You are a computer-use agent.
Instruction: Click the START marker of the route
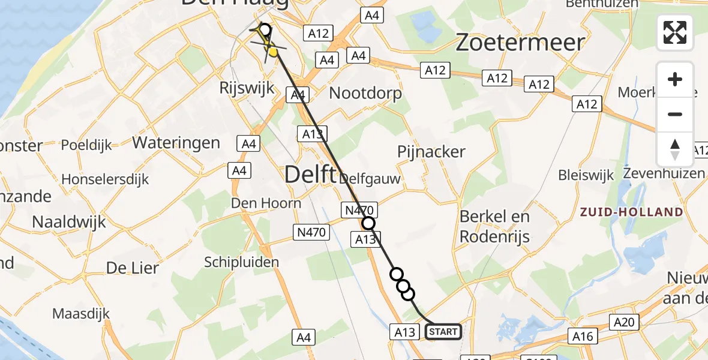[x=443, y=332]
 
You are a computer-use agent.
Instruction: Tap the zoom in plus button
[x=675, y=80]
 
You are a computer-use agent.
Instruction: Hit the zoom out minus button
[x=675, y=114]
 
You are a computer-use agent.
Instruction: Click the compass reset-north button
[x=675, y=149]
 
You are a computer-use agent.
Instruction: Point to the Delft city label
[x=310, y=175]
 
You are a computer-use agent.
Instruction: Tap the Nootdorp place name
[x=365, y=94]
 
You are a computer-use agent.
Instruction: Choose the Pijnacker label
[x=431, y=152]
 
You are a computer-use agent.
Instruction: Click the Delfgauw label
[x=370, y=179]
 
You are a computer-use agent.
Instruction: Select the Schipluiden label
[x=242, y=262]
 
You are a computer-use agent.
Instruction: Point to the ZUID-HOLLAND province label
[x=631, y=212]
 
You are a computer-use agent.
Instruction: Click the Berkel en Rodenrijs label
[x=494, y=227]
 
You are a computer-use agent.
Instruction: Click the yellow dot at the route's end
[x=274, y=53]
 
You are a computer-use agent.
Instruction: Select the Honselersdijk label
[x=105, y=179]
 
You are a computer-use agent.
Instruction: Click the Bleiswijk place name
[x=586, y=176]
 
